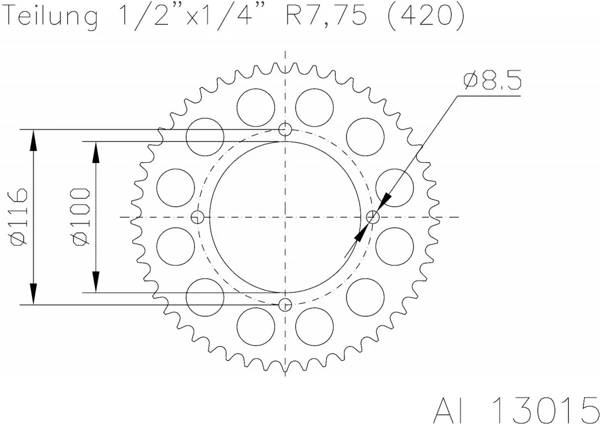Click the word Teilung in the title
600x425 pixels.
(x=52, y=17)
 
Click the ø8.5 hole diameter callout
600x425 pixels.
(x=492, y=80)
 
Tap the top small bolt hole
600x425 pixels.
(x=285, y=130)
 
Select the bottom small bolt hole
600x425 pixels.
(x=285, y=305)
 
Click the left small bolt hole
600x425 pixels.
(x=197, y=217)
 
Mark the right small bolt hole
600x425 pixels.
(x=373, y=217)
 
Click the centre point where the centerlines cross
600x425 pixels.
(x=285, y=217)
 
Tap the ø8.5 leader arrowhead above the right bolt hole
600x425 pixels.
(x=385, y=201)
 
